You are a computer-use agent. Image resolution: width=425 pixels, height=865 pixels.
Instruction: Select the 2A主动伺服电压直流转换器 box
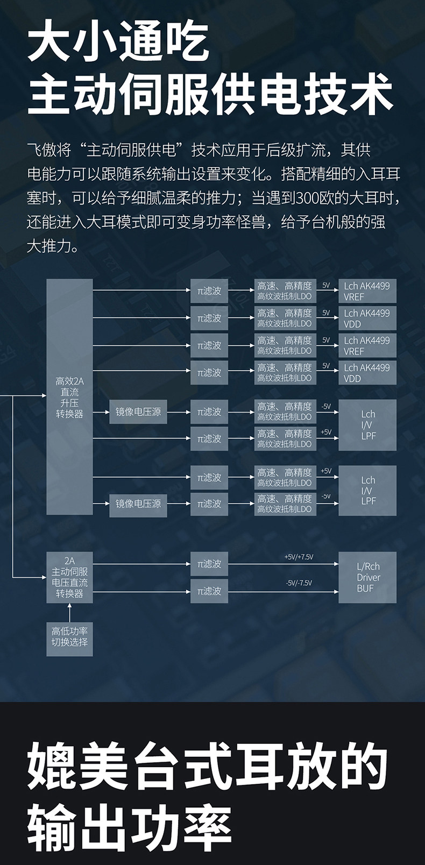pos(69,577)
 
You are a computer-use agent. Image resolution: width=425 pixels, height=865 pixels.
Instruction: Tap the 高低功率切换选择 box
pos(69,636)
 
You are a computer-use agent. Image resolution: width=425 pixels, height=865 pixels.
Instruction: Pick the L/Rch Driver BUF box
pos(368,577)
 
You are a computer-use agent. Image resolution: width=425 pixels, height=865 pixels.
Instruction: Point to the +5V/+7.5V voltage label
pos(299,557)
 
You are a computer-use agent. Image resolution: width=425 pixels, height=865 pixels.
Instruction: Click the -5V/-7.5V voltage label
pos(299,583)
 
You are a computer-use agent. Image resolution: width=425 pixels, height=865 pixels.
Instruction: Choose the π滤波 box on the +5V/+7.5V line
pos(209,564)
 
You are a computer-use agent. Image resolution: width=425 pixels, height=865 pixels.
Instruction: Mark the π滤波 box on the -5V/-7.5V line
pos(209,591)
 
